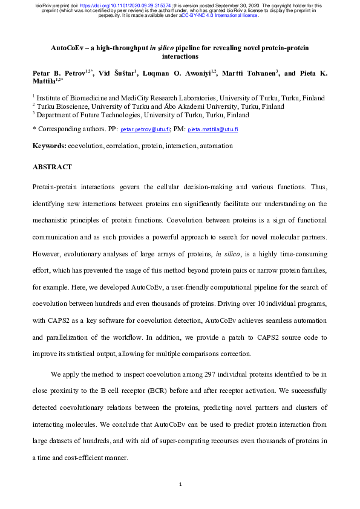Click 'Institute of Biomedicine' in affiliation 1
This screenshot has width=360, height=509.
[73, 97]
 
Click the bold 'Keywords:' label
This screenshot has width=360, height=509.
[49, 146]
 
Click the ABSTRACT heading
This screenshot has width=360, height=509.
[51, 167]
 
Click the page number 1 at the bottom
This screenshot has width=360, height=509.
[180, 484]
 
